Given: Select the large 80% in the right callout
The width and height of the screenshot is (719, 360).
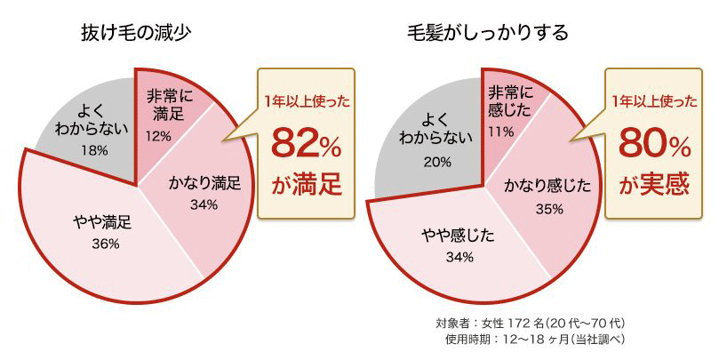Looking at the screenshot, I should (x=652, y=142).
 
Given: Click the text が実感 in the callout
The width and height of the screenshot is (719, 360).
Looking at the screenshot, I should (x=654, y=185).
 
